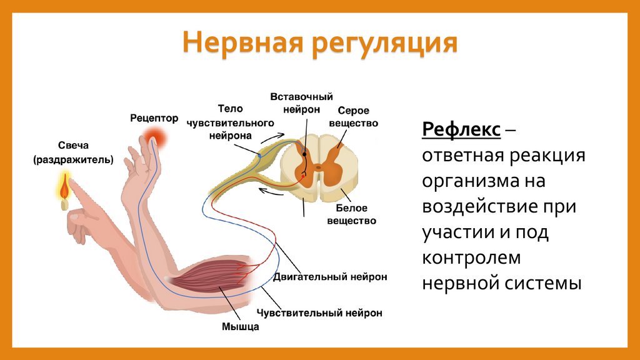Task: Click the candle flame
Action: click(x=64, y=185)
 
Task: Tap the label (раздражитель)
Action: click(x=73, y=160)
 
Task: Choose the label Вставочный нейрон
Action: click(x=302, y=102)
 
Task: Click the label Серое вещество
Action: click(x=354, y=117)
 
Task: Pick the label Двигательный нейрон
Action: click(x=330, y=276)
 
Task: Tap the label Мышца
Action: click(x=241, y=326)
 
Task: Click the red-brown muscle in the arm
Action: click(x=212, y=275)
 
